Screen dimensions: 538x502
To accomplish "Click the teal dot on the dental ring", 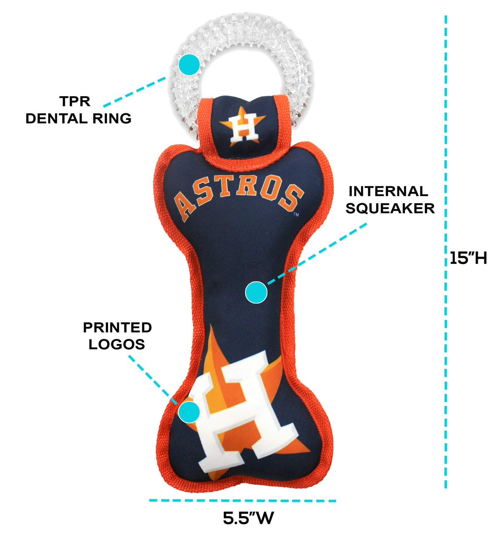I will coord(189,65).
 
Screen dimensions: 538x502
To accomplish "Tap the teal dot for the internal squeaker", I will coord(256,292).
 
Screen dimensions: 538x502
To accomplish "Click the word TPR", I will coord(75,102).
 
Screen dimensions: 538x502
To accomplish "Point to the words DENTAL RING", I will coord(79,118).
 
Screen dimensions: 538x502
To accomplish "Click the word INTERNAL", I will coord(389,191).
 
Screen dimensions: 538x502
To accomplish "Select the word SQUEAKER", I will coord(390,208).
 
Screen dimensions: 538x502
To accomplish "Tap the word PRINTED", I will coord(117,327).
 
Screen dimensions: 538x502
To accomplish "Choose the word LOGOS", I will coord(117,344).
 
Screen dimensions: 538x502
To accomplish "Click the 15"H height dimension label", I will coord(468,258).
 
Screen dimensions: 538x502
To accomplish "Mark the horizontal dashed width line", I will coord(243,500).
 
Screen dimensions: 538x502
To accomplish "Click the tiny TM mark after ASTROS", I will coord(296,215).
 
